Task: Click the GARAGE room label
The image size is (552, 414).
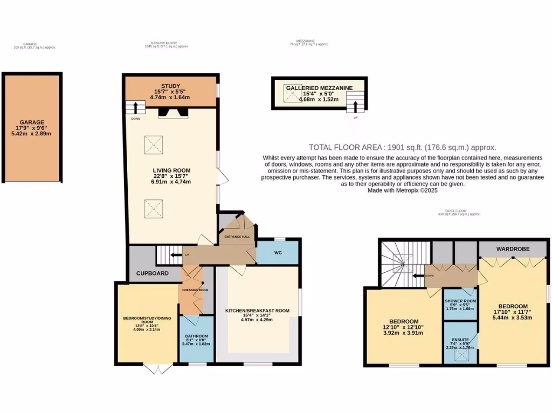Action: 32,122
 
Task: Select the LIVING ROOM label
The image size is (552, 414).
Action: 171,170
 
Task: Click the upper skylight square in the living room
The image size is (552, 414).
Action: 153,143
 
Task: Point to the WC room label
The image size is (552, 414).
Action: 278,252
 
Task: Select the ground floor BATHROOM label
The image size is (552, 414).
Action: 196,336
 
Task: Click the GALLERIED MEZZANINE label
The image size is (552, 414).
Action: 319,87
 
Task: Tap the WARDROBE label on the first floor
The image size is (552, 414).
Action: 513,249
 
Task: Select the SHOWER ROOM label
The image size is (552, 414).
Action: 460,301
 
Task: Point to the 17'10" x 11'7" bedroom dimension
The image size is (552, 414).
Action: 513,311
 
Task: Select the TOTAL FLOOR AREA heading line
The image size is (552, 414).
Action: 402,147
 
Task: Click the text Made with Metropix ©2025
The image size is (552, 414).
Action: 402,191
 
